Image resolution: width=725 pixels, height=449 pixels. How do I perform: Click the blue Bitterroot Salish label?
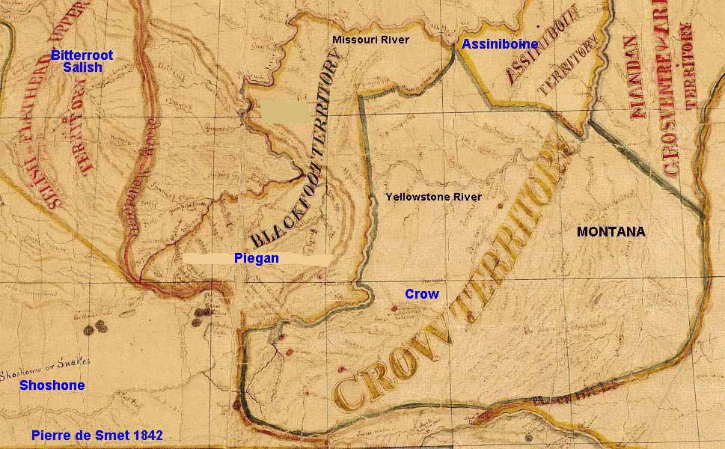(x=77, y=61)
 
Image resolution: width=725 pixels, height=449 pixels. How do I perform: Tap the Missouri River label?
(x=370, y=40)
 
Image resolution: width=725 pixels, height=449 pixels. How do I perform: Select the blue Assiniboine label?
(x=500, y=44)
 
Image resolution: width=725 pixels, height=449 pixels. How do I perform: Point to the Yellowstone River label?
(x=433, y=197)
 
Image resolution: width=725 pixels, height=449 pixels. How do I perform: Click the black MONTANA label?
(x=611, y=232)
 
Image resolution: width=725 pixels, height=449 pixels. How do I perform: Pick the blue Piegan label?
(x=257, y=258)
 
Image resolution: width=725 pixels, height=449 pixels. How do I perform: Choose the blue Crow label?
(x=421, y=294)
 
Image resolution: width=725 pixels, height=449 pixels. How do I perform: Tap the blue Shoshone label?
(x=52, y=385)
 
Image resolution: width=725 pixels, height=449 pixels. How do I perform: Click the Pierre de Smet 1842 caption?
(x=97, y=435)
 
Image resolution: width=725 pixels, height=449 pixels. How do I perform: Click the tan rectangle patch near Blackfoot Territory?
(x=284, y=112)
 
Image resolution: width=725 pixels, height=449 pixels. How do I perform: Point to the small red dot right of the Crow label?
(x=394, y=308)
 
